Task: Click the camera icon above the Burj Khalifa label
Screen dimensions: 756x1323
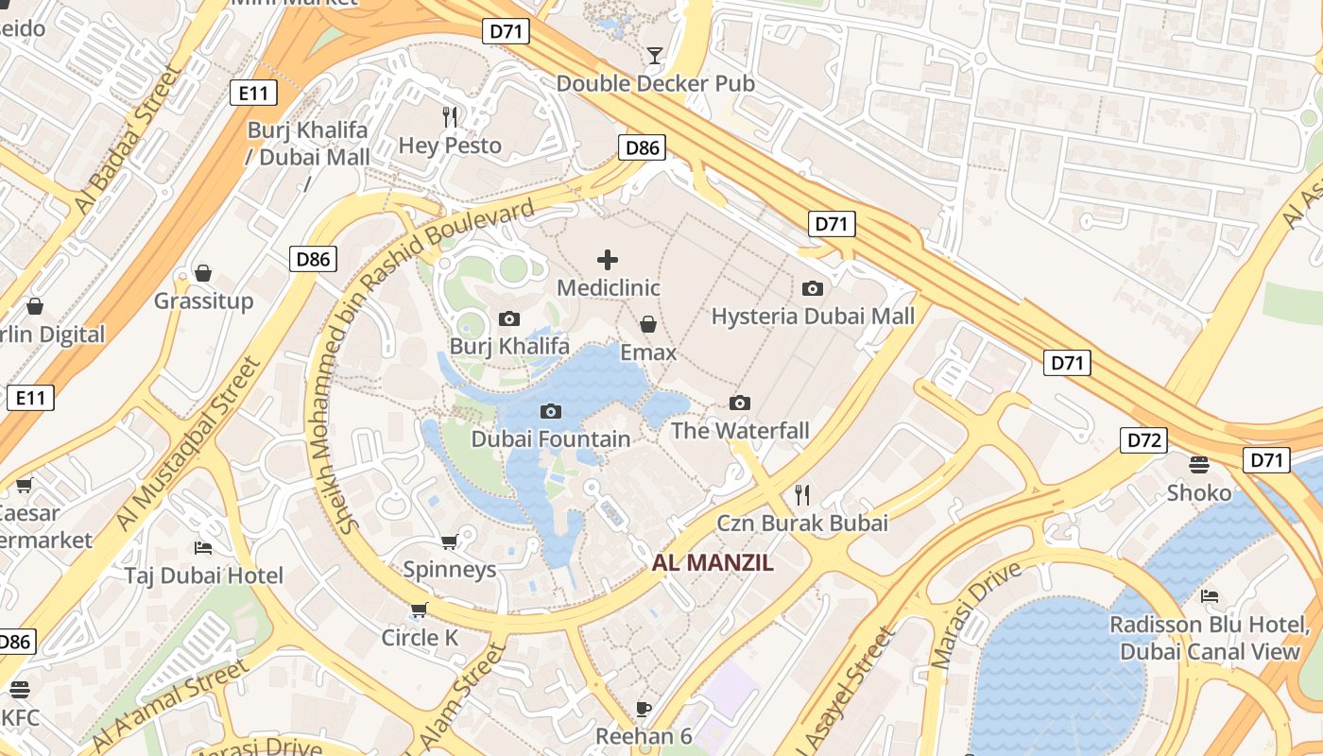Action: [509, 318]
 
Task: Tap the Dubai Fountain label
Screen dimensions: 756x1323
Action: [550, 438]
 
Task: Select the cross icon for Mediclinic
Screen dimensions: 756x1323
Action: [608, 260]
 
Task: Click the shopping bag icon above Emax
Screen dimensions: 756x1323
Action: [648, 325]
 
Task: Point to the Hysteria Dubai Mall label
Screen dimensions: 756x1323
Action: [813, 316]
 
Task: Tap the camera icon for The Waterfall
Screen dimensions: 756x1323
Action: [740, 404]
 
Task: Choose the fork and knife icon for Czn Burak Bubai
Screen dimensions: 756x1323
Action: [802, 494]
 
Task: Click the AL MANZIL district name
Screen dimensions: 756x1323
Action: [713, 563]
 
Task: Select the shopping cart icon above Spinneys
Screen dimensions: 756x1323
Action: [449, 541]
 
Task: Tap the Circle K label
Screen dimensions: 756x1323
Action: [420, 638]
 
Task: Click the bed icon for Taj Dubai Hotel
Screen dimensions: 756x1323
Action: [203, 547]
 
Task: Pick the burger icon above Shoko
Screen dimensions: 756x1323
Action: [1199, 464]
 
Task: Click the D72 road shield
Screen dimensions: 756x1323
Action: [1143, 440]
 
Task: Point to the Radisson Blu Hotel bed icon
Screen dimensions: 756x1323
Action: [1210, 596]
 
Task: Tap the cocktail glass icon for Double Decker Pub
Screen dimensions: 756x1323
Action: [654, 55]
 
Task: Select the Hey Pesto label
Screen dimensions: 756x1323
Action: [450, 146]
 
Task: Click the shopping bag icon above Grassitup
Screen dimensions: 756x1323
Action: [203, 273]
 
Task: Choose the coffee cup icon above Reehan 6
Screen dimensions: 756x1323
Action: [644, 708]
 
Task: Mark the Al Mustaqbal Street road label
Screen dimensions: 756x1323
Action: [187, 444]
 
